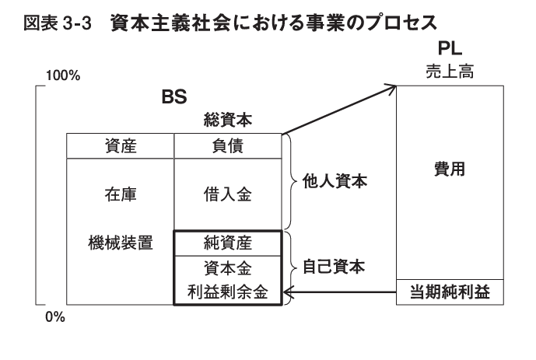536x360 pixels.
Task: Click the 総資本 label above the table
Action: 226,121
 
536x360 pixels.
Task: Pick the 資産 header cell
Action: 121,146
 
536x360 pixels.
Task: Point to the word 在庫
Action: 121,195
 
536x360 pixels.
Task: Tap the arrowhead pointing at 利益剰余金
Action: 288,293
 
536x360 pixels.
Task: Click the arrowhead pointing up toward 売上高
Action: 391,87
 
